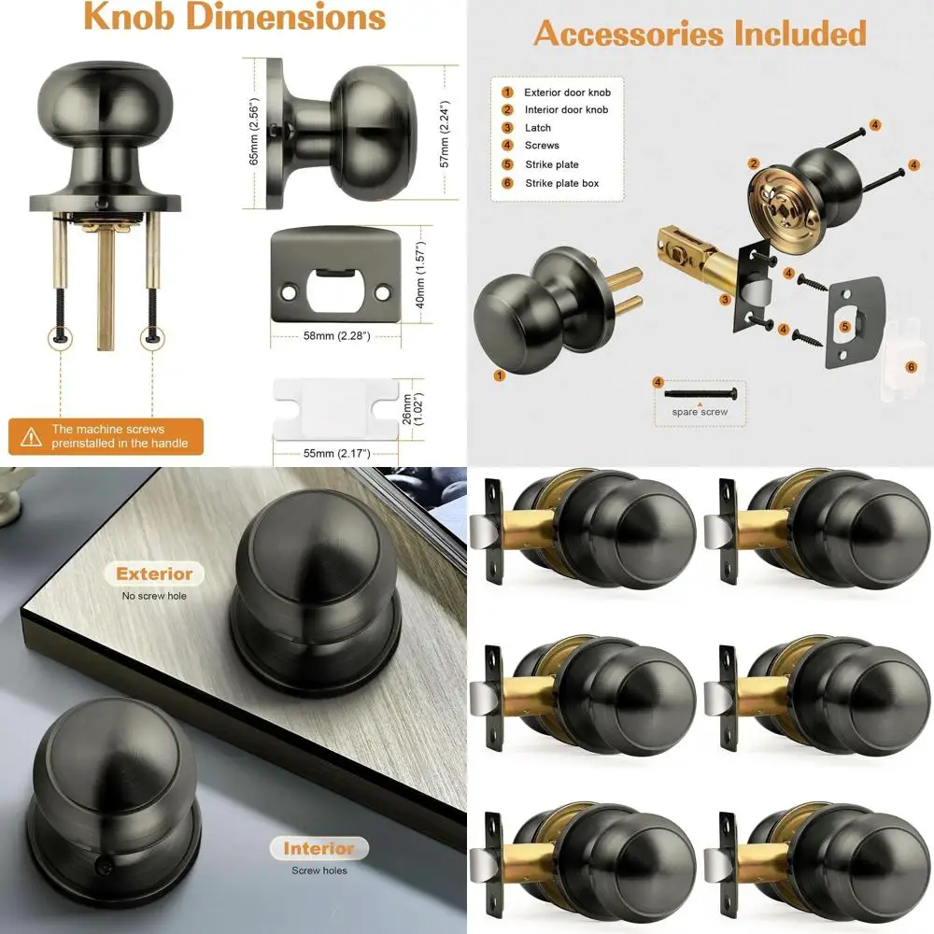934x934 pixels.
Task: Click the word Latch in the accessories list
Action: point(538,128)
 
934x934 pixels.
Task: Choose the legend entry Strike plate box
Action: point(561,183)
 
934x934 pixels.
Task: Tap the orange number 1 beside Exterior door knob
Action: point(507,92)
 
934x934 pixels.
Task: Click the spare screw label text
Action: point(700,412)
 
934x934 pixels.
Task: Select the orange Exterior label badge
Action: point(155,573)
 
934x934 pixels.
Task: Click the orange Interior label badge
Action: point(318,848)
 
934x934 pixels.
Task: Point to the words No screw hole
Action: point(154,595)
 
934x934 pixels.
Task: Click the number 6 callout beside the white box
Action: point(911,367)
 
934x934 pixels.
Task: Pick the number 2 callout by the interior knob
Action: point(752,163)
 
